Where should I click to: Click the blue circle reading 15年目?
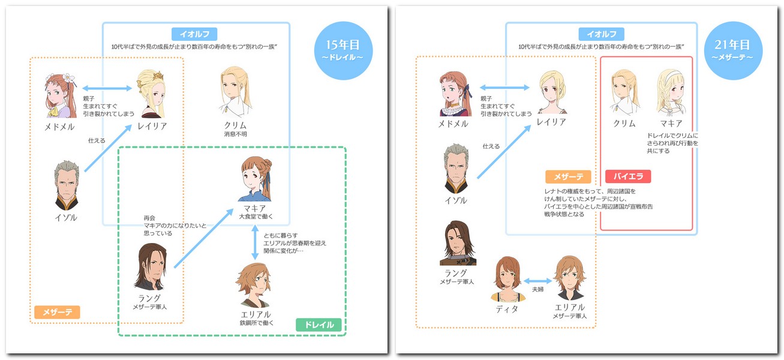343,51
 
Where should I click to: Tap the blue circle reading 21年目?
733,51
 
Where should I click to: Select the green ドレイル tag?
319,325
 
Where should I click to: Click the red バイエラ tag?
628,176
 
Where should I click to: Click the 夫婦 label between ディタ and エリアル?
538,289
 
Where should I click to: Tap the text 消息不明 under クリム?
235,134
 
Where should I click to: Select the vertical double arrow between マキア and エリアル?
255,242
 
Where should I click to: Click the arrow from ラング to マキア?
204,238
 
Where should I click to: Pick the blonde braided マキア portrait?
671,92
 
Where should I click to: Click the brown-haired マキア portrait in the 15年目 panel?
256,179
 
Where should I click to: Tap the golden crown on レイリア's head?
158,75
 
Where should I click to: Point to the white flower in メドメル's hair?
69,78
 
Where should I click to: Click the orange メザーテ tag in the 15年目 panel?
57,312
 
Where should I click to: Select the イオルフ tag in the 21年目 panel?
601,34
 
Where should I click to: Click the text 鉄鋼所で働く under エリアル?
257,323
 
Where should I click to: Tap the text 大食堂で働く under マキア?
256,217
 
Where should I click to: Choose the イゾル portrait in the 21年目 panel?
456,169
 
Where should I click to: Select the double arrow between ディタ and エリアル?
538,281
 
